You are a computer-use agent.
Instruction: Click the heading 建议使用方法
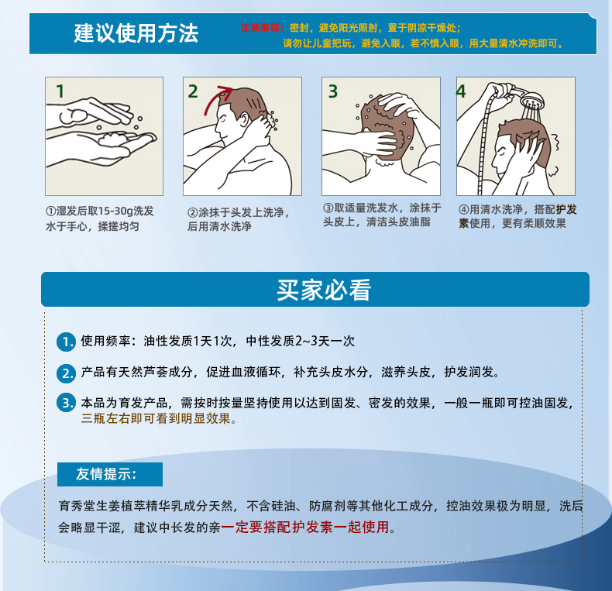136,33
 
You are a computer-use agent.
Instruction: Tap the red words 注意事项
260,28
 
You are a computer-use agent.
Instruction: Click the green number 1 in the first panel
60,91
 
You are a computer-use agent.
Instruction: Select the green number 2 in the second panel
193,91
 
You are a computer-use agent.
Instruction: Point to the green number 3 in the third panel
332,91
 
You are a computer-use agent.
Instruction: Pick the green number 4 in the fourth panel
461,91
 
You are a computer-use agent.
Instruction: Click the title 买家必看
324,290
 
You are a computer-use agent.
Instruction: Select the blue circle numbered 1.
67,342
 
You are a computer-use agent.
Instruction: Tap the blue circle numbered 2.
67,373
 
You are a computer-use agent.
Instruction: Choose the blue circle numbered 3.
67,403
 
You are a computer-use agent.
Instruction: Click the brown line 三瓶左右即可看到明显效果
159,419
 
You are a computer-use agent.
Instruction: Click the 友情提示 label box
110,474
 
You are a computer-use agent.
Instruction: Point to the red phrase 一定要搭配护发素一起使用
305,527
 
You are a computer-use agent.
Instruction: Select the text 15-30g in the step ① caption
116,211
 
